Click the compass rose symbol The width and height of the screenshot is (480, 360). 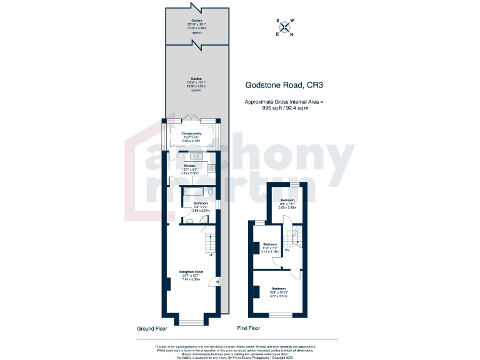click(286, 27)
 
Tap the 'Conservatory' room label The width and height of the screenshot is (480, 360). click(191, 134)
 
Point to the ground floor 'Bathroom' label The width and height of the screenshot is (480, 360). click(201, 204)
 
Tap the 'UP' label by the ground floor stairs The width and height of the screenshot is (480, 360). click(211, 254)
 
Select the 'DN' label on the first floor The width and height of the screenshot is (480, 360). click(287, 250)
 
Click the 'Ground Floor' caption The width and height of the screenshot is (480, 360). click(152, 327)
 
